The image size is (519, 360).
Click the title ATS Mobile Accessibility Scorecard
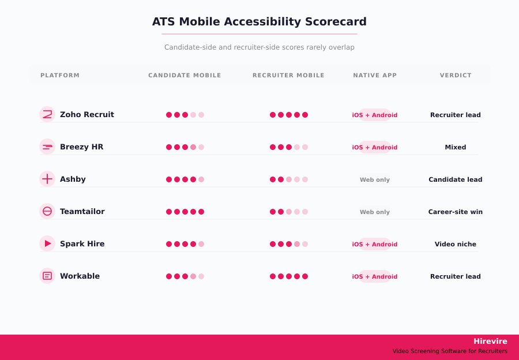259,22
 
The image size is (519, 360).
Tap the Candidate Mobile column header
185,76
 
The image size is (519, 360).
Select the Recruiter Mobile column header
288,76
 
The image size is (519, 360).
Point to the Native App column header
375,76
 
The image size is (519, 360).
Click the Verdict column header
456,76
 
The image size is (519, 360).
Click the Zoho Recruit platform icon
47,114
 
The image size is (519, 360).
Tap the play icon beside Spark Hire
47,243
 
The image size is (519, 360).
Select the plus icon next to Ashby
47,179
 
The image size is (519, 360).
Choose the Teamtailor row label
82,212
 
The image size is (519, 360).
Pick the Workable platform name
80,276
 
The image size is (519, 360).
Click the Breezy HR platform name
81,147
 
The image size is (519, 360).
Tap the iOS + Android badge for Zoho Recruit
375,115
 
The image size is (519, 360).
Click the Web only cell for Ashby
375,179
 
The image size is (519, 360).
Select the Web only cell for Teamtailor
375,212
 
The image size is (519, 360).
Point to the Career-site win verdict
456,212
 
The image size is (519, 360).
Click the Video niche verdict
456,244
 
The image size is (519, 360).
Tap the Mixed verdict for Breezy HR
456,147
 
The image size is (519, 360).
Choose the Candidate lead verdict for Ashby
456,179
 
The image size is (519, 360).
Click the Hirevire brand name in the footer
490,341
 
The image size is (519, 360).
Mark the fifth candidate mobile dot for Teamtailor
201,212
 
